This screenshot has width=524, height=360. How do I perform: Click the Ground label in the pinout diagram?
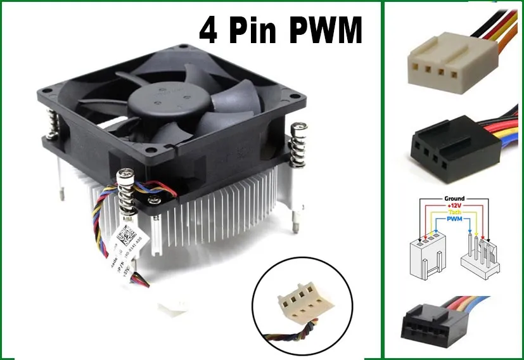pos(454,198)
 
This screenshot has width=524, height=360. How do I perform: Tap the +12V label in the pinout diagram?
pos(454,206)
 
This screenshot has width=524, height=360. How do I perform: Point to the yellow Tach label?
pos(454,213)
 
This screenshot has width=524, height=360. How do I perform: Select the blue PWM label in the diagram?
pos(454,220)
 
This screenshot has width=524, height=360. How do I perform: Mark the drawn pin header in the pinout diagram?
pos(478,257)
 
